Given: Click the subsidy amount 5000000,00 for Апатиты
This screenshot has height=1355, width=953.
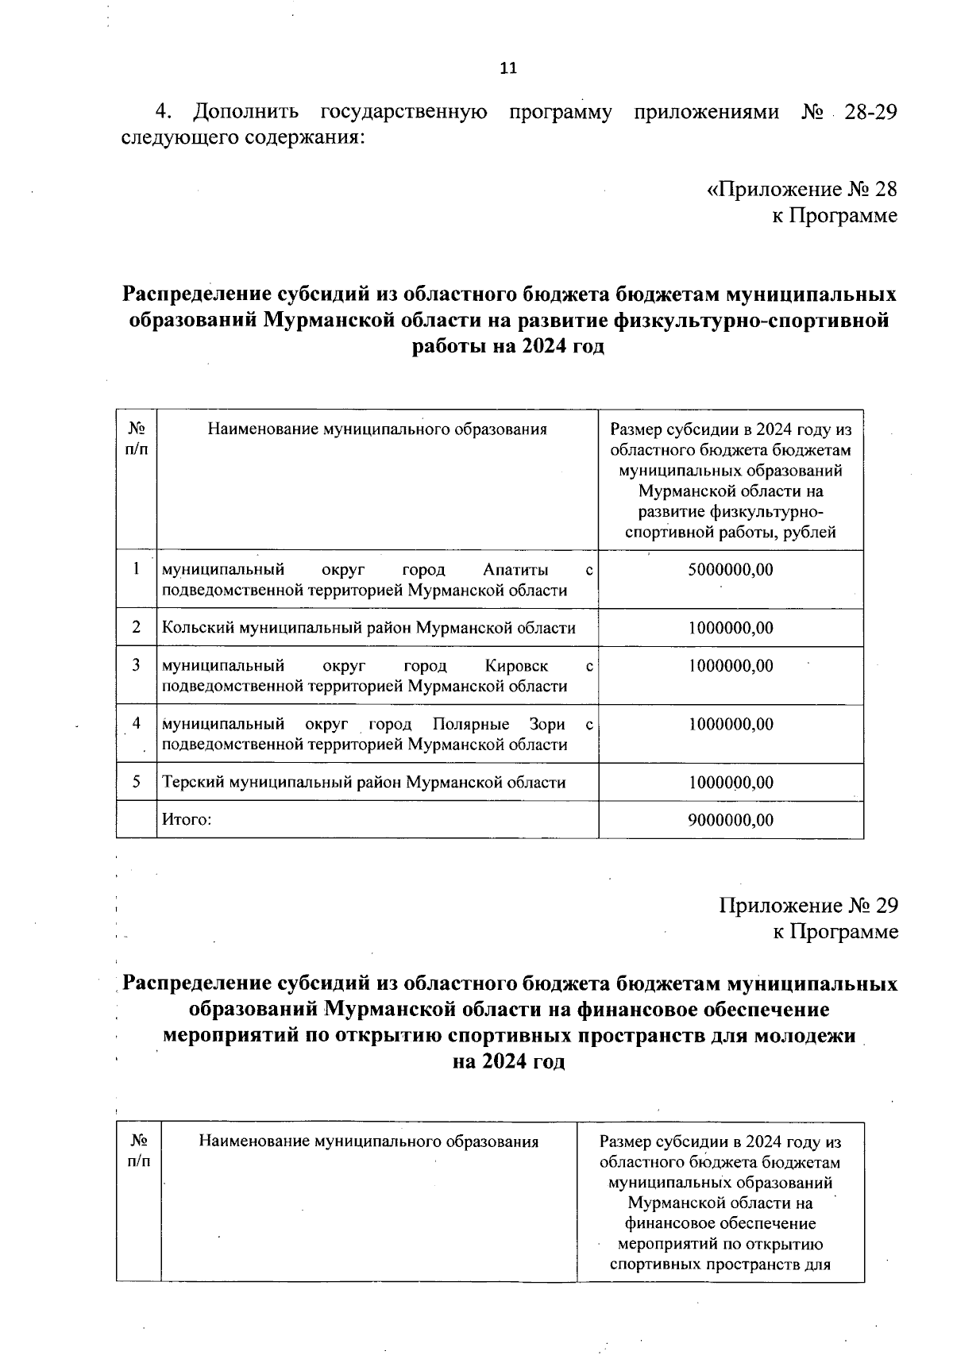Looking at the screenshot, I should [x=730, y=570].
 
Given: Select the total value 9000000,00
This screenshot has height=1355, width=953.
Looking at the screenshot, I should [x=730, y=820].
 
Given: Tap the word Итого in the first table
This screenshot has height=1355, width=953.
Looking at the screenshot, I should [x=187, y=820].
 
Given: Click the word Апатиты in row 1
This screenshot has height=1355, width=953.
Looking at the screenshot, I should [x=515, y=570].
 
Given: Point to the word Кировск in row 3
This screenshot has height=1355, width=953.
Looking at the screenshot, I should [x=516, y=665].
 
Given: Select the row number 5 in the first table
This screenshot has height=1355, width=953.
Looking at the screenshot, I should [x=137, y=782].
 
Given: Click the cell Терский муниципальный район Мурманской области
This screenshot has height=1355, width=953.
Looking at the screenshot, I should [x=364, y=783].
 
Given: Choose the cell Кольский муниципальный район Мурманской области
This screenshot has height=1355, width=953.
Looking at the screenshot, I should [x=368, y=628].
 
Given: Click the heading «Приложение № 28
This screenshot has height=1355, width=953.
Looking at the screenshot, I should [x=801, y=190].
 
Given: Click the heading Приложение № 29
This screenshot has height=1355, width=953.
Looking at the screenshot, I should [x=808, y=906].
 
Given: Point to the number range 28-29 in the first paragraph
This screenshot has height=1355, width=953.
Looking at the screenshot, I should [x=870, y=112].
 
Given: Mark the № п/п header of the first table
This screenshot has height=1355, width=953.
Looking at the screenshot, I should [x=137, y=439].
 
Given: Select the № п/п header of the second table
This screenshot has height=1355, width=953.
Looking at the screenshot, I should [x=139, y=1151].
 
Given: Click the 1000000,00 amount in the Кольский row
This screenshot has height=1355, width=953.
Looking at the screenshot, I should [x=730, y=628].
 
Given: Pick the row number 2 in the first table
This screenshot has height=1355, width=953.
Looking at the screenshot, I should [x=137, y=628].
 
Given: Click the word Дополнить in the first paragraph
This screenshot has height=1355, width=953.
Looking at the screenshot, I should [x=246, y=112].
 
